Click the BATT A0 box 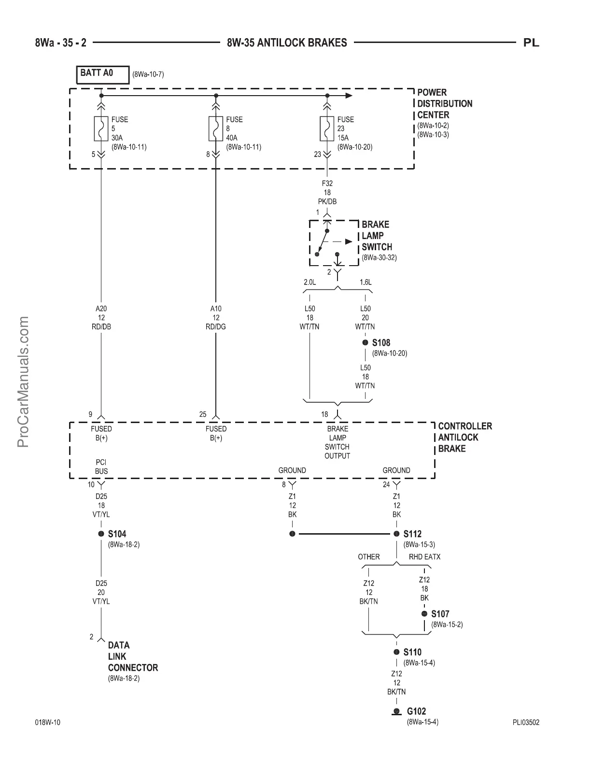(103, 74)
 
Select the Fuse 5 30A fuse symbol (101, 128)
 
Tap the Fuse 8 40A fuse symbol (216, 128)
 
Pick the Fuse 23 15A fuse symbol (327, 128)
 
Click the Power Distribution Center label (445, 103)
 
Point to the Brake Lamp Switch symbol (328, 243)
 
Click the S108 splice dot (365, 342)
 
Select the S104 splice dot (101, 534)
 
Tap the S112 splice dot (396, 534)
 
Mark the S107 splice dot (424, 614)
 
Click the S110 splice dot (396, 652)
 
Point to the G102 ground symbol (396, 711)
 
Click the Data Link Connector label (133, 656)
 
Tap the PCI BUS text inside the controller (101, 467)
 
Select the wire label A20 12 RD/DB (101, 317)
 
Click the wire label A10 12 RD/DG (216, 317)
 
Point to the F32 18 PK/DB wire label (327, 192)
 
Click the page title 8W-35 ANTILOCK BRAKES (287, 42)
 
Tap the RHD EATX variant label (424, 557)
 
